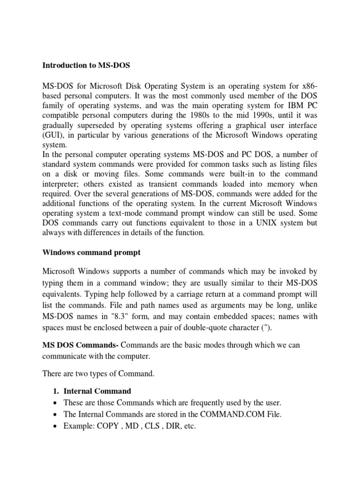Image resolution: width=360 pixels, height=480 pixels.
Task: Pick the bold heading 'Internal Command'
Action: click(x=97, y=391)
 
